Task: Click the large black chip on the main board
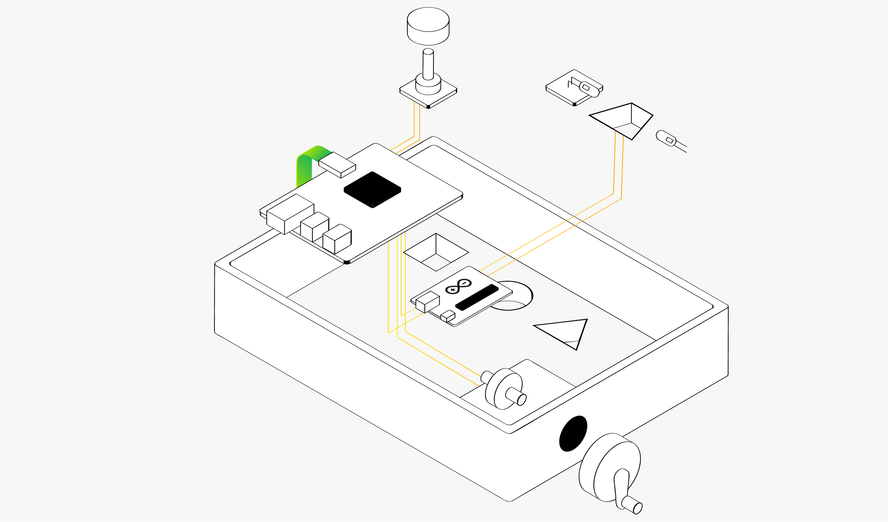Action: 372,190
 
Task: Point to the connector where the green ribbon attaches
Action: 337,165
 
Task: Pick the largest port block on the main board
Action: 290,214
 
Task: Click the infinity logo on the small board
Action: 458,287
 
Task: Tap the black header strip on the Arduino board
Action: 477,297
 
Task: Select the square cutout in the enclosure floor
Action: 436,252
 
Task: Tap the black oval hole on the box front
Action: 573,434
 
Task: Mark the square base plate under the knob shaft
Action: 428,95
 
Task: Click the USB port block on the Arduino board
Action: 427,302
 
